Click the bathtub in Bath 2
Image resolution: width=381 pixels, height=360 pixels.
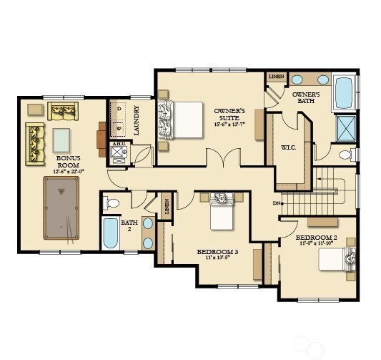pyautogui.click(x=110, y=233)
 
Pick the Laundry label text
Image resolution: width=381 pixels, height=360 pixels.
pyautogui.click(x=136, y=120)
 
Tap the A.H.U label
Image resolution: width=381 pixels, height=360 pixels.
pyautogui.click(x=118, y=144)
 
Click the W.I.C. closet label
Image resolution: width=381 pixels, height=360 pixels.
pyautogui.click(x=288, y=148)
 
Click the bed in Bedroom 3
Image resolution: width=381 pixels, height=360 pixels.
pyautogui.click(x=219, y=211)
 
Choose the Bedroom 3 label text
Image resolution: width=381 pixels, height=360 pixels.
pyautogui.click(x=217, y=253)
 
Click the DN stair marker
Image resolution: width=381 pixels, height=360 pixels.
pyautogui.click(x=277, y=203)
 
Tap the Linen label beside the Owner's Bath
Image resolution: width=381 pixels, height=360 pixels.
pyautogui.click(x=276, y=76)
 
